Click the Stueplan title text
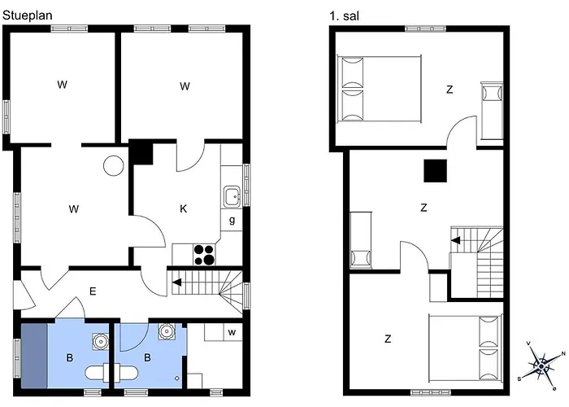tap(27, 15)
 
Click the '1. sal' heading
tap(344, 16)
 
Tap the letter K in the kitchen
tap(184, 208)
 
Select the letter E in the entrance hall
tap(93, 291)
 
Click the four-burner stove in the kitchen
tap(204, 254)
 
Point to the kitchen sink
tap(232, 197)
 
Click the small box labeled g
tap(232, 220)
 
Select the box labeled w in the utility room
tap(232, 332)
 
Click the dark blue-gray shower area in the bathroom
tap(34, 356)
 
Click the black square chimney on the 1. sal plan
tap(435, 171)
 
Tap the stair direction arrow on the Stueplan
tap(176, 282)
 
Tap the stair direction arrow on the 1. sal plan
tap(455, 240)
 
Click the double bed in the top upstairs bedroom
tap(380, 89)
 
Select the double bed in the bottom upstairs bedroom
tap(466, 348)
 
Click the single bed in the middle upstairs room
tap(361, 240)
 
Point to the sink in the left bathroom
tap(101, 342)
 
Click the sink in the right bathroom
tap(166, 331)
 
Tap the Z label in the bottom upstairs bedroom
tap(388, 339)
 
